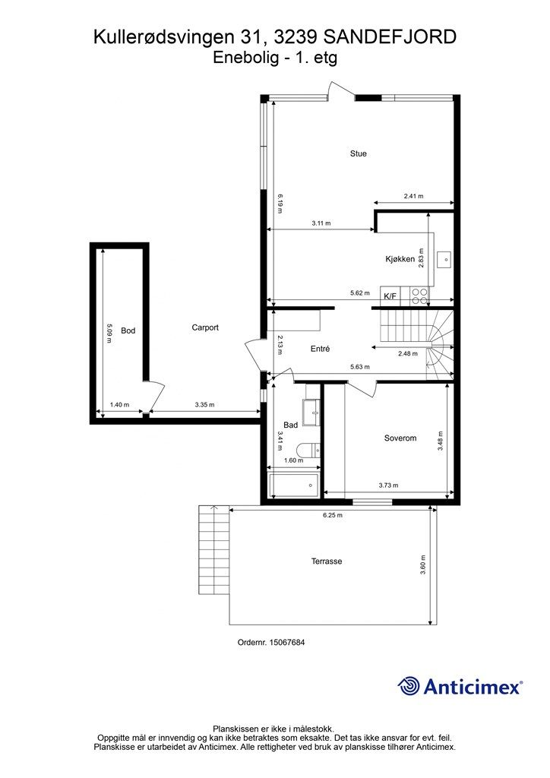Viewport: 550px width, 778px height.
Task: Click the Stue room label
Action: pyautogui.click(x=358, y=153)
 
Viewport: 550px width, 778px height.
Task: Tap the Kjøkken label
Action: pyautogui.click(x=400, y=259)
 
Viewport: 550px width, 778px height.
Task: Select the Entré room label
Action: pyautogui.click(x=320, y=349)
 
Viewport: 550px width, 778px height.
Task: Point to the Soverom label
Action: pyautogui.click(x=400, y=438)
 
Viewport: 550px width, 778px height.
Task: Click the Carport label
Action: pyautogui.click(x=205, y=327)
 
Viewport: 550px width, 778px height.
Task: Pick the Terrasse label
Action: pyautogui.click(x=327, y=561)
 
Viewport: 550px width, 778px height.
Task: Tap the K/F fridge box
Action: pyautogui.click(x=390, y=296)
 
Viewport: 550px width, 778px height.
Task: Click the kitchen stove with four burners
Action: pyautogui.click(x=419, y=296)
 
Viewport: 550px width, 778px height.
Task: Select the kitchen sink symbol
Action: pyautogui.click(x=444, y=258)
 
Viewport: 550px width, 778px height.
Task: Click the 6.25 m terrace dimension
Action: pyautogui.click(x=332, y=515)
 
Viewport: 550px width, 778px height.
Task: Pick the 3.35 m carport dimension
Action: pyautogui.click(x=205, y=405)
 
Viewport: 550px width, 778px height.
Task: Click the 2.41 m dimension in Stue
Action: pyautogui.click(x=413, y=196)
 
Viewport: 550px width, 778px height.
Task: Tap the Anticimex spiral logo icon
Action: pyautogui.click(x=409, y=686)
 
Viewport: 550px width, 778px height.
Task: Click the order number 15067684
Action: pyautogui.click(x=286, y=642)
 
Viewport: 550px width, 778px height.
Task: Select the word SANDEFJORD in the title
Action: pyautogui.click(x=389, y=37)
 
